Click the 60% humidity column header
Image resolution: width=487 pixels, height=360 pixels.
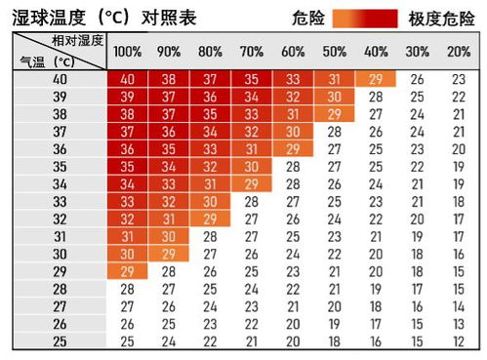pos(293,51)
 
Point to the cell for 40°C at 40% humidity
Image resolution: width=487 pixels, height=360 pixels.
pos(376,79)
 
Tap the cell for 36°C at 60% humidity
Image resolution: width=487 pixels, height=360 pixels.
pos(293,149)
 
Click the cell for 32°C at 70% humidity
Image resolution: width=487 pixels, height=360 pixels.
pos(252,219)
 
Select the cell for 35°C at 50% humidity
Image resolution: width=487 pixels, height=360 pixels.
pos(335,167)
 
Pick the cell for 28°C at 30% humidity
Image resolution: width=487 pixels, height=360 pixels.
pos(418,289)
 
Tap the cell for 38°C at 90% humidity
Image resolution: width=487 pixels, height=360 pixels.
pos(168,114)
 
